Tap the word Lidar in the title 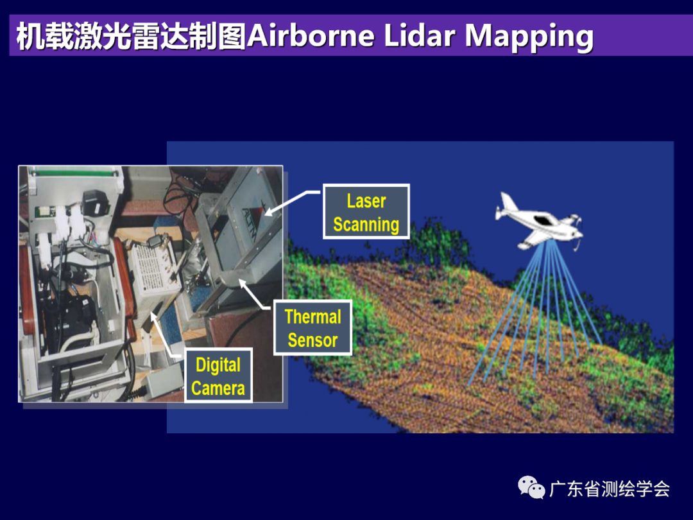[420, 35]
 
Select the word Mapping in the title [529, 37]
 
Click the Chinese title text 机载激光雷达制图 [132, 36]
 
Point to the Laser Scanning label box [366, 212]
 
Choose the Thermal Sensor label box [313, 327]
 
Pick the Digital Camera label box [218, 376]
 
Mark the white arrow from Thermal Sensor [256, 294]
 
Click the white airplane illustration [539, 221]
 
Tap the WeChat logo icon [531, 488]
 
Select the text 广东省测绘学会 [610, 489]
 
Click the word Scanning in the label [366, 225]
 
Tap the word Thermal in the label [313, 316]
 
